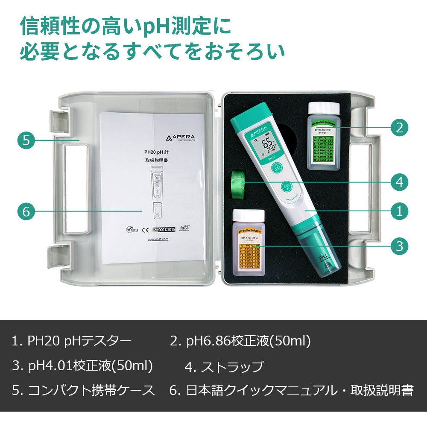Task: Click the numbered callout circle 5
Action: click(x=26, y=140)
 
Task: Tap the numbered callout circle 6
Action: click(x=26, y=211)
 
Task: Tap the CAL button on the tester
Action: click(x=287, y=187)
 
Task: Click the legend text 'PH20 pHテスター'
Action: click(x=79, y=341)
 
